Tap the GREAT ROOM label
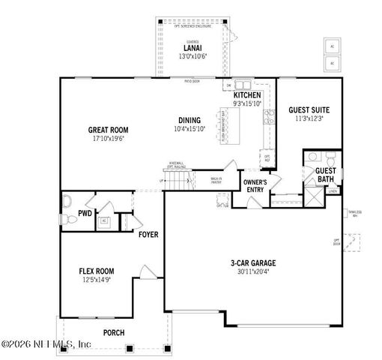pyautogui.click(x=109, y=129)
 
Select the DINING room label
pyautogui.click(x=190, y=121)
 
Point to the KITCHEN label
pyautogui.click(x=247, y=96)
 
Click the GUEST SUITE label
pyautogui.click(x=309, y=110)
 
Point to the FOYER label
pyautogui.click(x=148, y=235)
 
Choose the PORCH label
pyautogui.click(x=114, y=332)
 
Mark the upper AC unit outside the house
pyautogui.click(x=332, y=46)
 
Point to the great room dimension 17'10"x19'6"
pyautogui.click(x=109, y=138)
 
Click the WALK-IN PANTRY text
pyautogui.click(x=216, y=181)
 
